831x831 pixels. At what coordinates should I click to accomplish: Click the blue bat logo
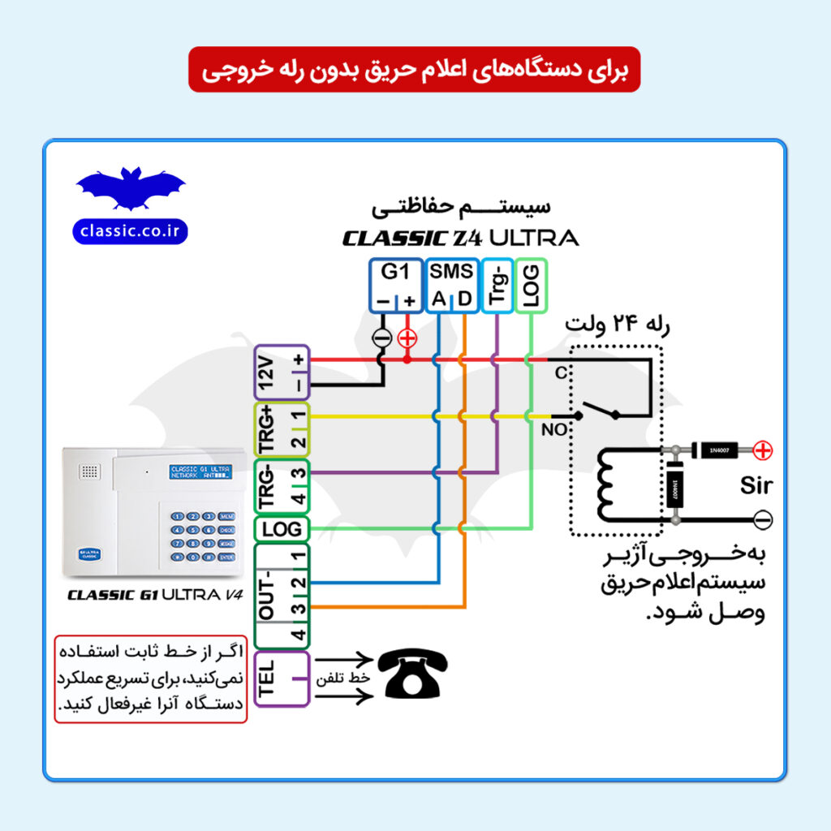(130, 188)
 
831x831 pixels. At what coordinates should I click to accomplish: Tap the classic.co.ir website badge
(130, 231)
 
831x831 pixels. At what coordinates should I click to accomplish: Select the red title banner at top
(415, 71)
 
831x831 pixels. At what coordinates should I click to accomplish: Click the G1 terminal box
(395, 286)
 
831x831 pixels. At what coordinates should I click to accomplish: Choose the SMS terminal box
(451, 286)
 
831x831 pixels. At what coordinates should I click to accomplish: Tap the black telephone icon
(411, 676)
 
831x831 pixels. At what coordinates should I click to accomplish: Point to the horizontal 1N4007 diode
(717, 449)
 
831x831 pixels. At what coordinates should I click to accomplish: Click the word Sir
(756, 487)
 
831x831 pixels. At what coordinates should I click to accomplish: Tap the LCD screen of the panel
(200, 472)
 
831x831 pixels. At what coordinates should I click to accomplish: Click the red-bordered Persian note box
(151, 679)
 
